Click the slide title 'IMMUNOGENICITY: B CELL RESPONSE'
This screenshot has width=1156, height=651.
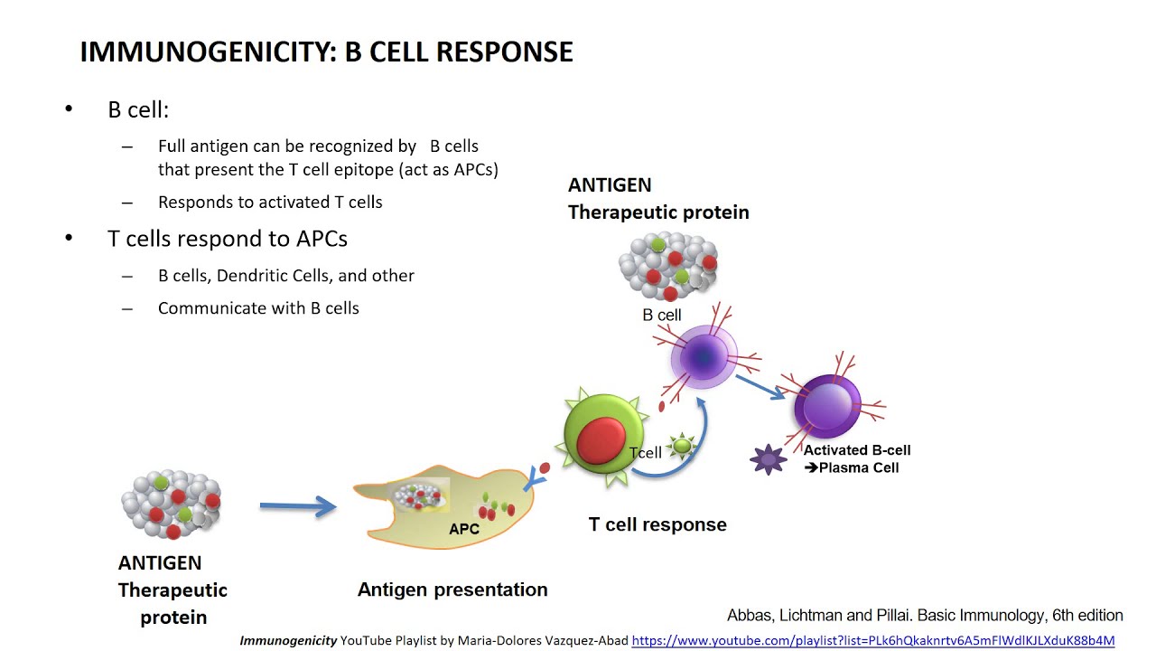click(326, 52)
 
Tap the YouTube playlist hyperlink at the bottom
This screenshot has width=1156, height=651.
click(872, 640)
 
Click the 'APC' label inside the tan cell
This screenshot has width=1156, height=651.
click(464, 529)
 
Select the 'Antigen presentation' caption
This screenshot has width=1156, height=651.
click(452, 590)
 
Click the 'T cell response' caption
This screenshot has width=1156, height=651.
click(657, 524)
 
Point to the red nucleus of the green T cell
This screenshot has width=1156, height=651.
click(601, 440)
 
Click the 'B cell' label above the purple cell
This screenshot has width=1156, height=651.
click(662, 316)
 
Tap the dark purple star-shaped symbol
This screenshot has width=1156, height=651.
click(769, 459)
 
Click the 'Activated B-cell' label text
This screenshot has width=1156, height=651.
click(857, 450)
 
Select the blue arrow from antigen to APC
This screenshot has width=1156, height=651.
click(297, 507)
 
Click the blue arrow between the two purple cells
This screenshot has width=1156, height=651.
click(759, 386)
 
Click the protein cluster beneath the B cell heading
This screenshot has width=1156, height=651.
click(668, 266)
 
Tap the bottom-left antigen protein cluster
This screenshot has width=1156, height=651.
click(172, 503)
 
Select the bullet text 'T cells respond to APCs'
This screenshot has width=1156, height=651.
click(228, 239)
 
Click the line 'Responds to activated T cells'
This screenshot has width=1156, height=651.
click(270, 203)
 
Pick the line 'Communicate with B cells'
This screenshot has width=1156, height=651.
click(258, 308)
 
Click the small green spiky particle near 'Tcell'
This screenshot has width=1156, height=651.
click(682, 445)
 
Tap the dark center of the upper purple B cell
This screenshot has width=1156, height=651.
click(704, 357)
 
